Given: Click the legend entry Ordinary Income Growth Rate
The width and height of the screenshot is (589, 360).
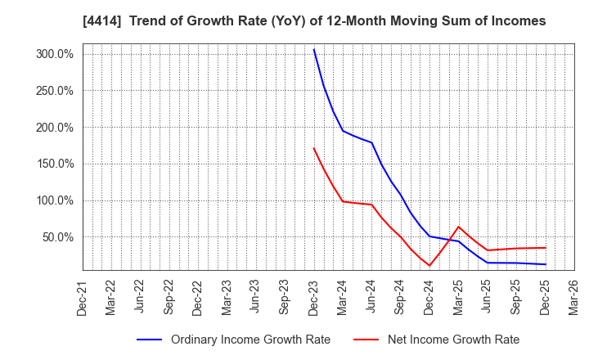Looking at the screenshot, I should coord(250,340).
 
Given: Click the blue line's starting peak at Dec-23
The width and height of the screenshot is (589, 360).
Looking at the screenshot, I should coord(314,49).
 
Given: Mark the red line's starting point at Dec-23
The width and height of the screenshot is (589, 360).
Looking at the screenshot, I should coord(314,148).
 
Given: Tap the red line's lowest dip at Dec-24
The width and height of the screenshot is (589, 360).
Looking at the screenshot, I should coord(429,265).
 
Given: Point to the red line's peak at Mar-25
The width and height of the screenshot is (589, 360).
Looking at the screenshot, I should coord(458,227).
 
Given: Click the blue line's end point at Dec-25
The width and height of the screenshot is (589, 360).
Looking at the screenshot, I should coord(545,264).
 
